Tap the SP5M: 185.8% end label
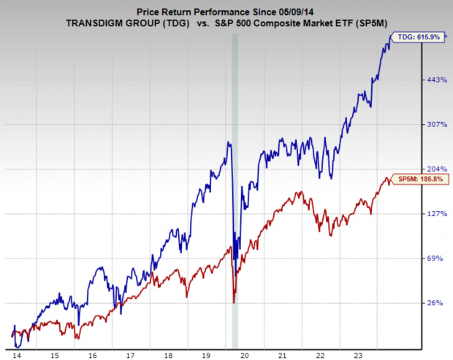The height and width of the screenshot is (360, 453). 416,179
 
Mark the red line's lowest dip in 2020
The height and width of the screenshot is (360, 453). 234,302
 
